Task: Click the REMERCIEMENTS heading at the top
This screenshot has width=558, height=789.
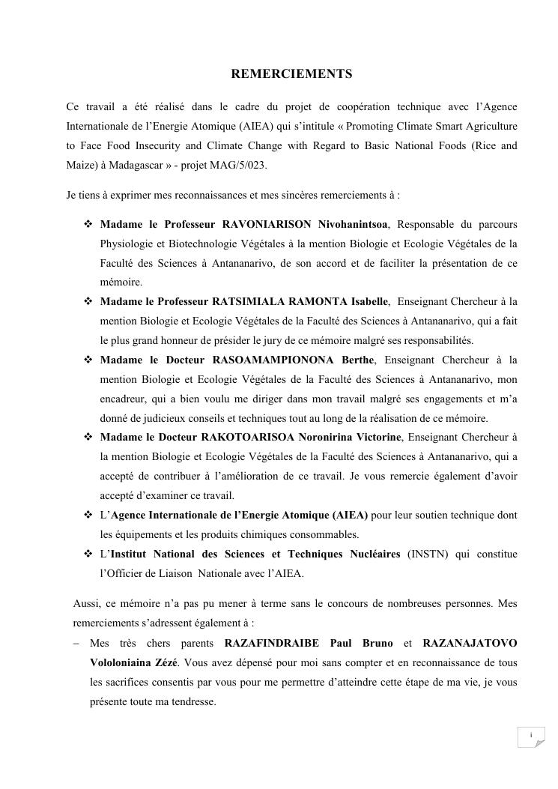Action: pos(291,74)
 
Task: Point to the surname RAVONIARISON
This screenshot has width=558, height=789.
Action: pos(268,224)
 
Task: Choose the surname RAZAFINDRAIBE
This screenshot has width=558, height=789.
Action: pos(272,644)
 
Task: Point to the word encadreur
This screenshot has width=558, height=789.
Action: pos(124,399)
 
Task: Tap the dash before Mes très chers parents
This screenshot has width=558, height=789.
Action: pos(78,644)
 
